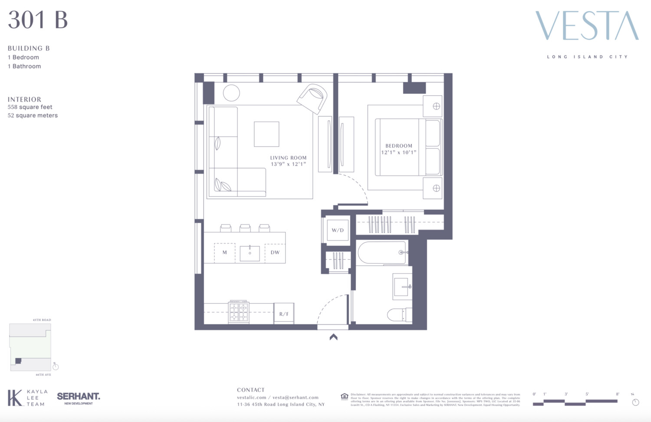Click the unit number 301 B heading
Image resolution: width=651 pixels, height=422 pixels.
[38, 20]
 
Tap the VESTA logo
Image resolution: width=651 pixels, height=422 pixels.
[587, 26]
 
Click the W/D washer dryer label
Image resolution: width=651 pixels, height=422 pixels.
[338, 230]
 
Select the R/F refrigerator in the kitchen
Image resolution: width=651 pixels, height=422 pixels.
[284, 313]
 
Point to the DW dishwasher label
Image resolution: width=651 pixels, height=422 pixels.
[275, 252]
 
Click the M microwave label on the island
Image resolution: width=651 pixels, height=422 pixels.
[224, 252]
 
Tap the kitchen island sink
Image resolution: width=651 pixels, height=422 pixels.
[250, 253]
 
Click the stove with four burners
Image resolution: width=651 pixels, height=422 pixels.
[239, 312]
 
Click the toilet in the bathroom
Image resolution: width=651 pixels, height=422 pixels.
[398, 315]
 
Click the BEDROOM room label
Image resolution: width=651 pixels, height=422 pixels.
[399, 146]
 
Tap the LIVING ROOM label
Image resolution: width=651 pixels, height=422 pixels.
[288, 158]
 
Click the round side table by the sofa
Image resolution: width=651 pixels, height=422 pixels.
[231, 93]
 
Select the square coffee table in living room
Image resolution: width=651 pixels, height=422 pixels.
[266, 134]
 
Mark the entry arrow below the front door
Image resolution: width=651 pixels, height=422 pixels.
[333, 336]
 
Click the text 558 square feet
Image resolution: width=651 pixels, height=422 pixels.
[30, 107]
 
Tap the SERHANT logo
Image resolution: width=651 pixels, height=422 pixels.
[79, 397]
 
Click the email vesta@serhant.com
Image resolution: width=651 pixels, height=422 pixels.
[296, 397]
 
